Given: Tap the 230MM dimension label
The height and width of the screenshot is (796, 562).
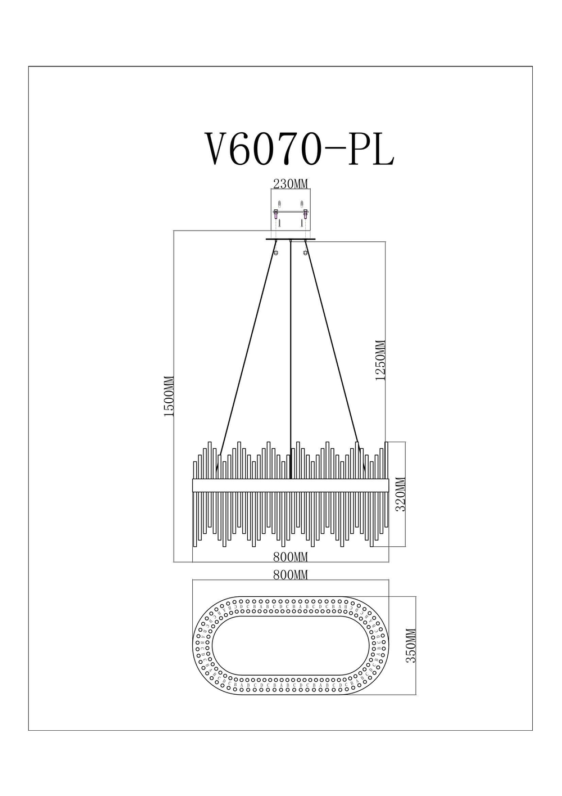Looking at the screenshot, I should click(291, 183).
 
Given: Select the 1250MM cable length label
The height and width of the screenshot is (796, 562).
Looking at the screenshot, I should click(381, 361).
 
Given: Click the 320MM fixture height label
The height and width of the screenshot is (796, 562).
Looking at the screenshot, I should click(401, 494).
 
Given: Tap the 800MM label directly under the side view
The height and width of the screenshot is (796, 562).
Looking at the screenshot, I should click(291, 557).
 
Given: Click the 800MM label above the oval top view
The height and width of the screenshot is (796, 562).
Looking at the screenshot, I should click(291, 575).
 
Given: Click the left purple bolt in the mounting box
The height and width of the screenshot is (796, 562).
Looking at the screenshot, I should click(275, 214).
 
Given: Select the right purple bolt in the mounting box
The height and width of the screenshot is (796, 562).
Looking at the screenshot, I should click(306, 214).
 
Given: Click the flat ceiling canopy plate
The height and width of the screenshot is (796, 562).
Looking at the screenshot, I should click(291, 240).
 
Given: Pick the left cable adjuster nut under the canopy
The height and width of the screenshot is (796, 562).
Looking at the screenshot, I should click(275, 252).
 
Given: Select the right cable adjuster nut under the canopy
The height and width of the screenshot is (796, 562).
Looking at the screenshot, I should click(306, 252).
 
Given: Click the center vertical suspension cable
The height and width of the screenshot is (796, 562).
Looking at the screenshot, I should click(291, 360).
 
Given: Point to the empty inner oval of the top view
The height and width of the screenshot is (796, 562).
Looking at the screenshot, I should click(291, 645).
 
